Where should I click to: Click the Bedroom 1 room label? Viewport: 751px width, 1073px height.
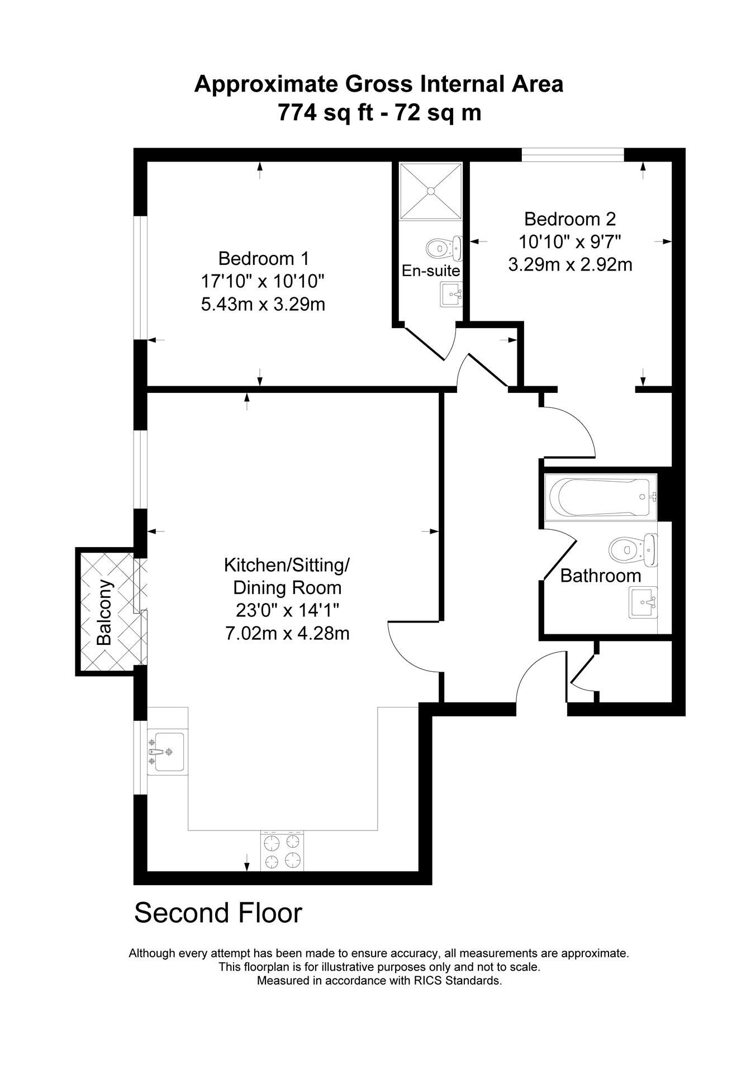click(263, 259)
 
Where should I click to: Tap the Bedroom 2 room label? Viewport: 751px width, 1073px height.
click(570, 218)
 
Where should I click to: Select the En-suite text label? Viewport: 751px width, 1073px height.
click(431, 271)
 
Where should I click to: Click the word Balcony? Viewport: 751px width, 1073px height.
click(104, 613)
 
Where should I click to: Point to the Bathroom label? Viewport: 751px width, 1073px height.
click(600, 576)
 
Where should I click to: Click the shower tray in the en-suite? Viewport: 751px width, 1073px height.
click(431, 191)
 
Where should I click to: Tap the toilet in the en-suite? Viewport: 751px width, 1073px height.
click(444, 247)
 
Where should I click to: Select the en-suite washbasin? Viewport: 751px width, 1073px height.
click(451, 294)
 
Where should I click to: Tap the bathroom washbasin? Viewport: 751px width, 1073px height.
click(643, 602)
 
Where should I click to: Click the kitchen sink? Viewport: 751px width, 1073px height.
click(167, 752)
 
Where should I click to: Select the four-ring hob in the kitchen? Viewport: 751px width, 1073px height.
click(283, 851)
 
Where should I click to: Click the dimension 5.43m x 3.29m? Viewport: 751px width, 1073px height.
click(263, 305)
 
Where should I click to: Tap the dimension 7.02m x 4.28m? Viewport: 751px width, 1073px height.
click(287, 633)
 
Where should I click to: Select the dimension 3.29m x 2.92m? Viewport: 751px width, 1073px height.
click(570, 264)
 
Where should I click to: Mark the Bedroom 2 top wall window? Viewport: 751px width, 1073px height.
click(572, 155)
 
